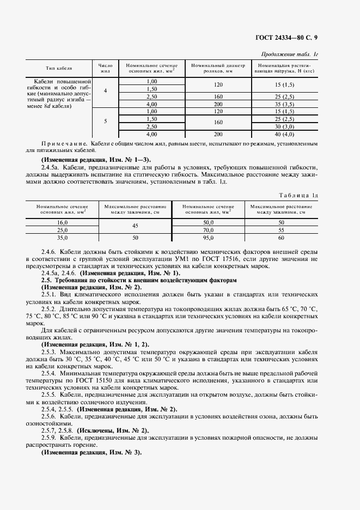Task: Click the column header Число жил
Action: pos(105,68)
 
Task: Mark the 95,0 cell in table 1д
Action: pos(208,238)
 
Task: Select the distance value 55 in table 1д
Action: pos(281,230)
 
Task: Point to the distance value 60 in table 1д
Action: pos(281,238)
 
